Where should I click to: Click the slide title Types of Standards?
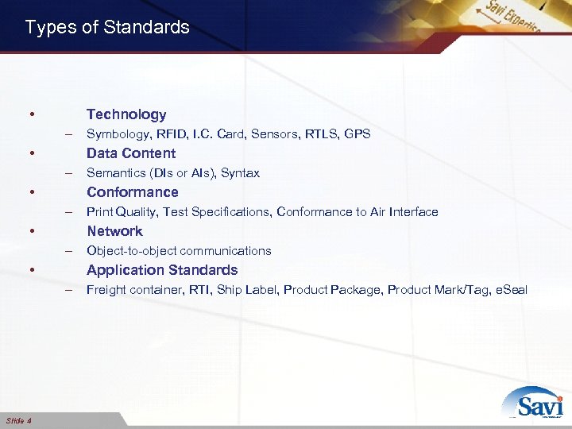coord(107,27)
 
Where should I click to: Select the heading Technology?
coord(126,114)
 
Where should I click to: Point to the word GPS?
coord(357,134)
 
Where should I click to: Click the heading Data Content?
coord(131,153)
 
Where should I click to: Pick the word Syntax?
coord(241,173)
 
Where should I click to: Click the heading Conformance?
coord(132,192)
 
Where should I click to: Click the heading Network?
coord(114,231)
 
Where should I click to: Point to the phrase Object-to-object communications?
coord(179,251)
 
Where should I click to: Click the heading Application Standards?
coord(162,270)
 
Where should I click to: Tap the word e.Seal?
coord(511,290)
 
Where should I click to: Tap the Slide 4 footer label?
coord(18,420)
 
